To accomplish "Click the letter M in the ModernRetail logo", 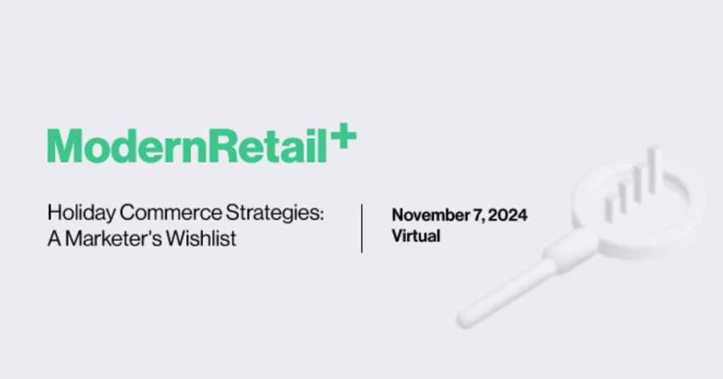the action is point(65,145).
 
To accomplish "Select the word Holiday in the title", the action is point(81,213).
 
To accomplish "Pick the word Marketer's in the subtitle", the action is point(113,239).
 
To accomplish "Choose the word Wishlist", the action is point(201,239).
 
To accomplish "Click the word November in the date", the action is point(431,215).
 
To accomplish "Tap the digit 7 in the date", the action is point(478,215).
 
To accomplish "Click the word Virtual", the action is point(416,236).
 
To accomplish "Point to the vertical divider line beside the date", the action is point(362,228).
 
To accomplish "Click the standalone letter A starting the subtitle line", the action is point(54,239).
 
